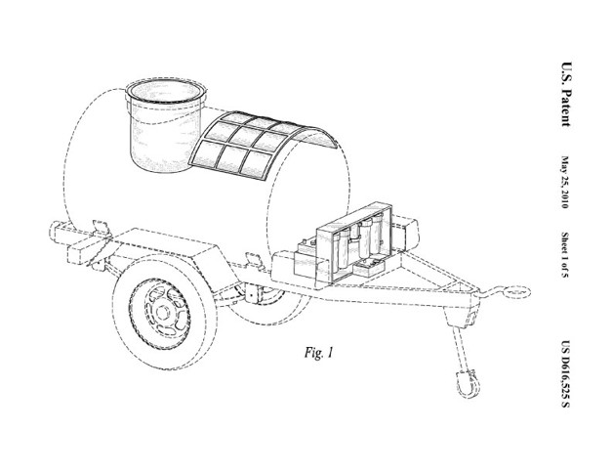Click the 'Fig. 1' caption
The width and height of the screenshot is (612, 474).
[319, 353]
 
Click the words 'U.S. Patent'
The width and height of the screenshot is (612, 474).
[566, 94]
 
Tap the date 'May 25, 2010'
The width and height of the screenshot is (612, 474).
[565, 182]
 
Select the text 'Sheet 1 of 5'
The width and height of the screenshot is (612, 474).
[565, 255]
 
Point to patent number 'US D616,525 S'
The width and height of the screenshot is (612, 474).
[565, 373]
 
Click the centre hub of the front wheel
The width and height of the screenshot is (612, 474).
[162, 312]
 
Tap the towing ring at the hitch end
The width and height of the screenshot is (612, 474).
[516, 291]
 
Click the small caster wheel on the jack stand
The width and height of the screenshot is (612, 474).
[468, 384]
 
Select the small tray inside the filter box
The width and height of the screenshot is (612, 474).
[369, 268]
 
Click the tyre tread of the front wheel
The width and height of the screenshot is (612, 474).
[117, 313]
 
